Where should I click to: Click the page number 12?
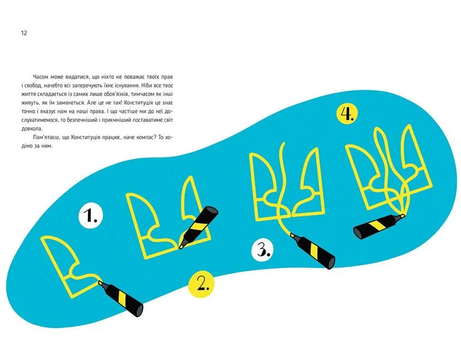tap(24, 33)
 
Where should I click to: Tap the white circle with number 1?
tap(91, 215)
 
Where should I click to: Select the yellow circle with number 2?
tap(202, 284)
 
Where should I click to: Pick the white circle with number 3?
tap(262, 250)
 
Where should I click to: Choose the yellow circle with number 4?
tap(347, 114)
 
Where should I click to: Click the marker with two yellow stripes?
tap(198, 226)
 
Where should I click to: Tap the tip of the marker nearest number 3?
tap(291, 234)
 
